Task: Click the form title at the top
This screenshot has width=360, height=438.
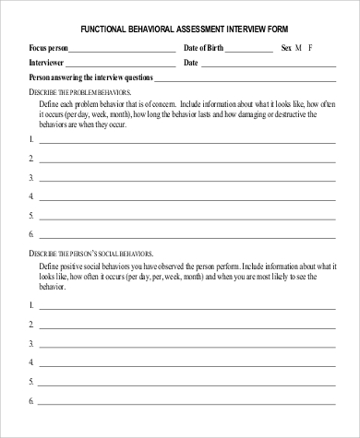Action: (180, 29)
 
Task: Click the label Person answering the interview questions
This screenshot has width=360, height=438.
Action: (91, 77)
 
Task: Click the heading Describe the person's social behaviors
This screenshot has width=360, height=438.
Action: (91, 253)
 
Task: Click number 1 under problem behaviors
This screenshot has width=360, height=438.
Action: (32, 139)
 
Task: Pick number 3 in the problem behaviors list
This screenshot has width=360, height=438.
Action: (32, 177)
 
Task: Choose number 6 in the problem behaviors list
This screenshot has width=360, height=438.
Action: (32, 233)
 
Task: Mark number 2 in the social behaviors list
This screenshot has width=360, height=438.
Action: (32, 325)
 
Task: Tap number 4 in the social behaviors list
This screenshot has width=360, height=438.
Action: (32, 363)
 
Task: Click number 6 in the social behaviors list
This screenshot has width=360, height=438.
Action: (32, 401)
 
